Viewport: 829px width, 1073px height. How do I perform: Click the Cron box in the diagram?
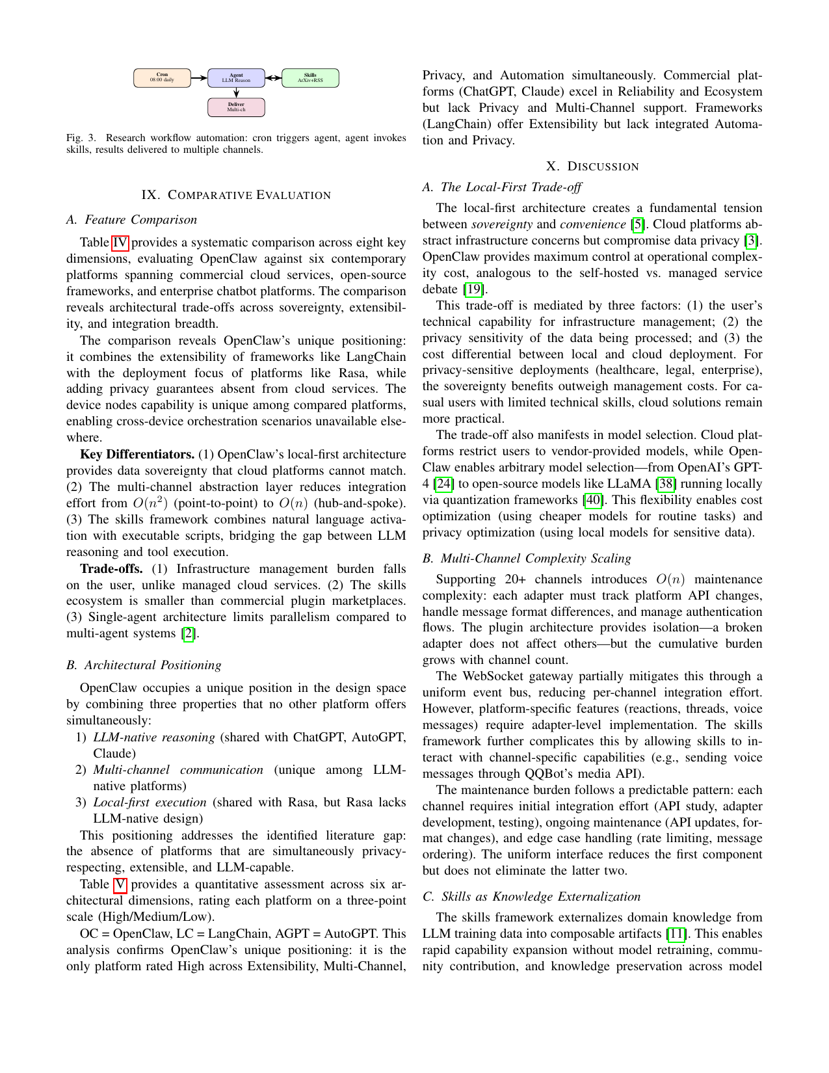(x=162, y=77)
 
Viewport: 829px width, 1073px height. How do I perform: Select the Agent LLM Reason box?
(x=236, y=77)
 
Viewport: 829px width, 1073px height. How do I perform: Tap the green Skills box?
(x=310, y=77)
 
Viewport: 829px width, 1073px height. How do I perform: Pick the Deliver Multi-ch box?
(x=236, y=107)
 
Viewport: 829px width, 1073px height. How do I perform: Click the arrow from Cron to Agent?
(x=199, y=77)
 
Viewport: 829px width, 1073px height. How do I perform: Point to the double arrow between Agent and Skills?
(x=273, y=77)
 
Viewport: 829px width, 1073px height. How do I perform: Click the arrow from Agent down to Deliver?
(x=236, y=92)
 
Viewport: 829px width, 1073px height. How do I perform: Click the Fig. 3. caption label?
(x=81, y=138)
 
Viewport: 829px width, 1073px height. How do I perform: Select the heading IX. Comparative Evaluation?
(x=236, y=195)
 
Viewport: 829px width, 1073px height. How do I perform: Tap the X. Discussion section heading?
(x=592, y=166)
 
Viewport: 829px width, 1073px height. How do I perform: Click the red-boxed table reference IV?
(x=120, y=243)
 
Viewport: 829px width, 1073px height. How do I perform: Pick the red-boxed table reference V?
(x=120, y=884)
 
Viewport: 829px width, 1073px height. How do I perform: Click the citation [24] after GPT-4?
(x=443, y=484)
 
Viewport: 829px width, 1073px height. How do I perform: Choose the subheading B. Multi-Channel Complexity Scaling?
(x=527, y=559)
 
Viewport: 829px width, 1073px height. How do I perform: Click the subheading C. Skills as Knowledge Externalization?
(x=531, y=897)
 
